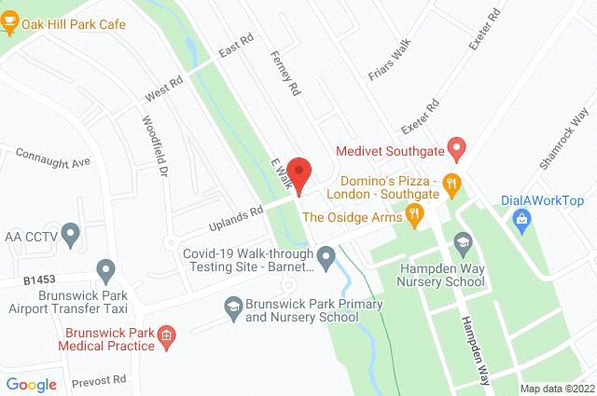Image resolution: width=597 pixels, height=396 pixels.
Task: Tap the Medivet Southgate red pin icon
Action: click(x=456, y=147)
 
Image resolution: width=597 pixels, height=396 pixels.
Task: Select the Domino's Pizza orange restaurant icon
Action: click(x=451, y=183)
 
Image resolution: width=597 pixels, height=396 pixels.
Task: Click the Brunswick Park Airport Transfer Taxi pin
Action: click(x=106, y=270)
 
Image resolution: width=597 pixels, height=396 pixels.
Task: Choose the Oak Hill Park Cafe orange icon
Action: click(x=9, y=24)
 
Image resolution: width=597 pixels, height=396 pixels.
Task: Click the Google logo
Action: click(x=32, y=384)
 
